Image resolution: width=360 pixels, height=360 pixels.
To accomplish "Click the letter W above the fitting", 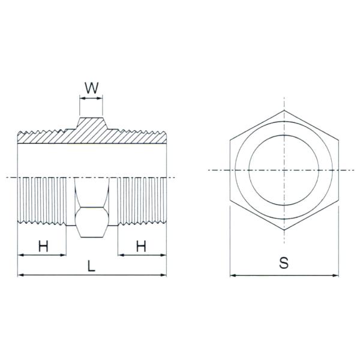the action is click(91, 88).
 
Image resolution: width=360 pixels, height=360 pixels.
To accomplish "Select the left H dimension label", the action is click(43, 246).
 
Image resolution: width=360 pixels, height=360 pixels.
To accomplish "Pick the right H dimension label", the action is click(141, 246).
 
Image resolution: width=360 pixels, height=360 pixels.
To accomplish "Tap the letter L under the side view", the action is click(91, 266).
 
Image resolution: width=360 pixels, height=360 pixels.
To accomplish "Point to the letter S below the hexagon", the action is click(284, 263).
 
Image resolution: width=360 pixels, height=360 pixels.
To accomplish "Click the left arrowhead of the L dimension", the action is click(20, 275).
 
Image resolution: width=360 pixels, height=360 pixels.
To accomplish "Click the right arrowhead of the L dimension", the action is click(163, 275).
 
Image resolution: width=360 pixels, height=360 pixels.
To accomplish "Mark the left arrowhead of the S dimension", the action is click(233, 275).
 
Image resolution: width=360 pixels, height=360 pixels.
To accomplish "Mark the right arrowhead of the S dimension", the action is click(336, 275).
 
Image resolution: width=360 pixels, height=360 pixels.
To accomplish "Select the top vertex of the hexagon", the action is click(284, 110).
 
